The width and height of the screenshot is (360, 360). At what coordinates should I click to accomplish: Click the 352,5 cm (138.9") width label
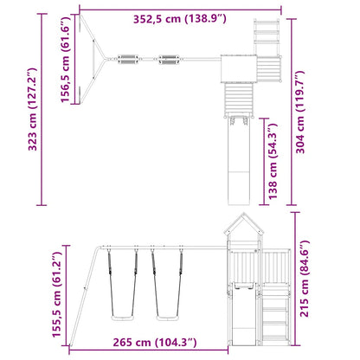click(180, 19)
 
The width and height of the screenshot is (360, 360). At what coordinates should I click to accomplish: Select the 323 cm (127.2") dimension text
click(33, 109)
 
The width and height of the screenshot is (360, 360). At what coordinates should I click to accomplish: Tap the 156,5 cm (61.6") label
click(65, 60)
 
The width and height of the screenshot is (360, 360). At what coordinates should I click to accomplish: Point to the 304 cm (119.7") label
click(300, 112)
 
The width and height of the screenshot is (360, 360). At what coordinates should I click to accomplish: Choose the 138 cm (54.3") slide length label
click(273, 161)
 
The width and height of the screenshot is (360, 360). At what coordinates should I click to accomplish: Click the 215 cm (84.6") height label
click(305, 279)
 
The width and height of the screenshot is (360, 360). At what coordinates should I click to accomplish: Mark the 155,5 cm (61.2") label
click(56, 294)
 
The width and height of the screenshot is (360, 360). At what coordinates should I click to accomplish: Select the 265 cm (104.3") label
click(155, 343)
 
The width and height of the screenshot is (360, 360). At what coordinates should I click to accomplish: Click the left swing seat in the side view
click(122, 318)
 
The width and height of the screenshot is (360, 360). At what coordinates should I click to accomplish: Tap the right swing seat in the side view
click(167, 318)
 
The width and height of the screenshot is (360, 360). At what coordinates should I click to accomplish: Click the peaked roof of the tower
click(244, 223)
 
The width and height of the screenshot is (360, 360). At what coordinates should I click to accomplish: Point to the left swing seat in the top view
click(128, 59)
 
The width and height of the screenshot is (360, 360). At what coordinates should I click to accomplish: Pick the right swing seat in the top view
click(169, 59)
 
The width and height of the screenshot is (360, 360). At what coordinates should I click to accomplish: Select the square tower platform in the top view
click(239, 68)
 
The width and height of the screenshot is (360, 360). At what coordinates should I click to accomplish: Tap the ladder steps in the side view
click(275, 316)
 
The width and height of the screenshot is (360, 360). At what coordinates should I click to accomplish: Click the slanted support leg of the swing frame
click(85, 296)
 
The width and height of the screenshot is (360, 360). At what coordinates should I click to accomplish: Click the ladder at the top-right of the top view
click(267, 37)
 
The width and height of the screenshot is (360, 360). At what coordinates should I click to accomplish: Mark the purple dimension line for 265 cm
click(149, 350)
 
